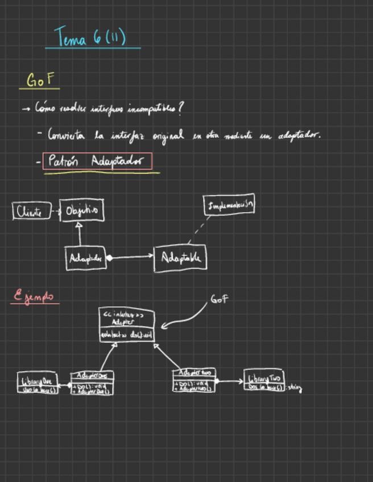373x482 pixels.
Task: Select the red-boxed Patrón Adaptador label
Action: pyautogui.click(x=98, y=161)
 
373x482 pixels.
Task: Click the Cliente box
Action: pyautogui.click(x=30, y=211)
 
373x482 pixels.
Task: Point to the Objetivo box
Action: pyautogui.click(x=82, y=211)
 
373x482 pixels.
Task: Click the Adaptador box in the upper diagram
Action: pyautogui.click(x=86, y=258)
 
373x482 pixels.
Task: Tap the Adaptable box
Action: pyautogui.click(x=180, y=258)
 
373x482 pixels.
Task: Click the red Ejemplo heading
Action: pyautogui.click(x=35, y=296)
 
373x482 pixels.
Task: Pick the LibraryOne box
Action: pyautogui.click(x=38, y=383)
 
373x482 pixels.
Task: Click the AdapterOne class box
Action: pyautogui.click(x=92, y=383)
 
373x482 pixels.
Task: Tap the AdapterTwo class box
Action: pyautogui.click(x=194, y=380)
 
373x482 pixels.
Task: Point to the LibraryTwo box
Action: pyautogui.click(x=264, y=380)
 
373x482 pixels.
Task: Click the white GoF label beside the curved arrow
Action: pyautogui.click(x=219, y=299)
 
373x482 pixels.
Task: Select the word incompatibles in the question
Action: pyautogui.click(x=157, y=107)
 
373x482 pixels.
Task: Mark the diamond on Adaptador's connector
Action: pyautogui.click(x=109, y=257)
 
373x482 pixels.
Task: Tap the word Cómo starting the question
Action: pyautogui.click(x=45, y=107)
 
